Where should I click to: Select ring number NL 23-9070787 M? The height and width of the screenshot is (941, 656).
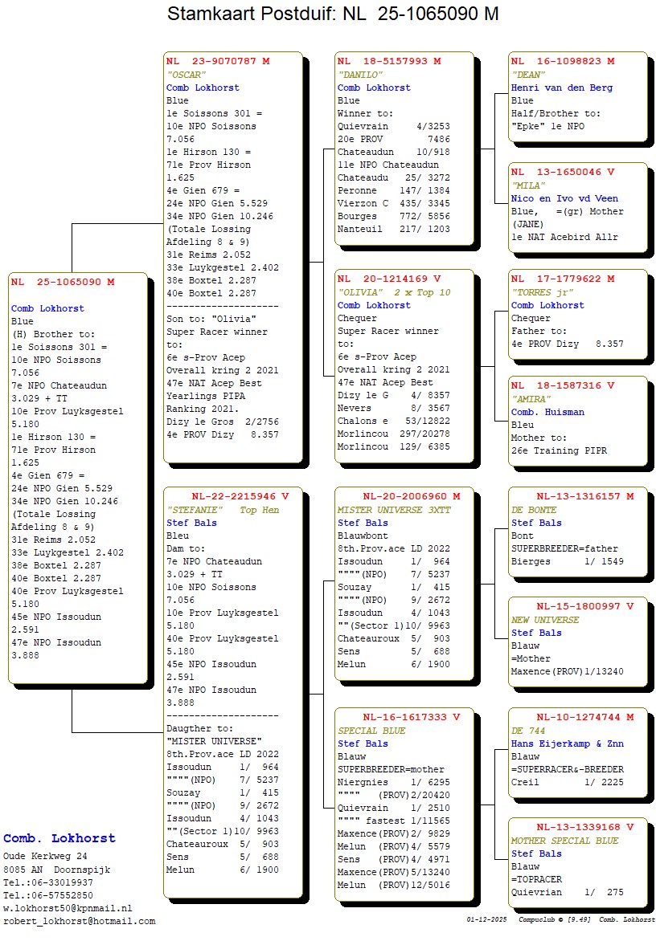[x=218, y=61]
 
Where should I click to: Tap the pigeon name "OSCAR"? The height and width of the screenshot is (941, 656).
[x=187, y=75]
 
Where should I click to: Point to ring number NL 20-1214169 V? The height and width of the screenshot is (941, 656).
[x=389, y=279]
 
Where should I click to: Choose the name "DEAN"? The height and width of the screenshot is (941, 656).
[x=528, y=75]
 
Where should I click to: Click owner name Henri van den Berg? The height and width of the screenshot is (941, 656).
[x=562, y=88]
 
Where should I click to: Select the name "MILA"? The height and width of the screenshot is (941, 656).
[x=529, y=185]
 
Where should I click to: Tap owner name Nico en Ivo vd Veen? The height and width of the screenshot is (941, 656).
[x=564, y=198]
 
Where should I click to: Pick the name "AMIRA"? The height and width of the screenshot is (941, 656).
[x=531, y=399]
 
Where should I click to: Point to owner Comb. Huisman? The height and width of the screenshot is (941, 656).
[x=547, y=412]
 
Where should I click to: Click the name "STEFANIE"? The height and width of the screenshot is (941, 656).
[x=196, y=510]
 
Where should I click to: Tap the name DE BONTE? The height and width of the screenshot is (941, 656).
[x=534, y=510]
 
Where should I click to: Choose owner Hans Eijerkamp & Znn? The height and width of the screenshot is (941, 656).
[x=568, y=743]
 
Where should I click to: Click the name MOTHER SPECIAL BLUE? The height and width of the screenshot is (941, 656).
[x=564, y=841]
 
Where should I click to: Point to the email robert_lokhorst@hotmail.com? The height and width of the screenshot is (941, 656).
[x=80, y=921]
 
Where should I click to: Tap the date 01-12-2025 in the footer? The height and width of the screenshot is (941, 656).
[x=487, y=919]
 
